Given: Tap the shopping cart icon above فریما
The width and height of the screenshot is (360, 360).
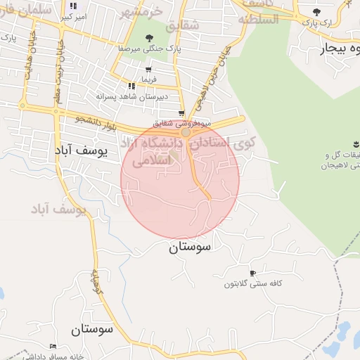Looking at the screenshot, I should tap(148, 70).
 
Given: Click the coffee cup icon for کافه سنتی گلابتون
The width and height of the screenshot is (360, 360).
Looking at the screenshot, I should tap(252, 273).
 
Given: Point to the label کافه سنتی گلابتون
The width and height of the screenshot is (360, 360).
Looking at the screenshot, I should tap(253, 283).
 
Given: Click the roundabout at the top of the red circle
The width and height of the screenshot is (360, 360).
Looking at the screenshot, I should tap(186, 132).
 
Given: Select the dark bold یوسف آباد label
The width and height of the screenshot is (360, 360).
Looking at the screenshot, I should tap(82, 150).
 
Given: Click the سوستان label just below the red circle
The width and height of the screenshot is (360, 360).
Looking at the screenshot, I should tap(190, 247).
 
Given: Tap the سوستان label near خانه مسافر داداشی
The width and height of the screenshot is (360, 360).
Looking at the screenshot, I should tap(92, 329).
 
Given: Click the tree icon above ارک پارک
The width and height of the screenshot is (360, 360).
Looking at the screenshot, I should tap(317, 12).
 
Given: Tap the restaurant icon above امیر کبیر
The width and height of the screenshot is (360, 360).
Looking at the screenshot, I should tap(73, 6).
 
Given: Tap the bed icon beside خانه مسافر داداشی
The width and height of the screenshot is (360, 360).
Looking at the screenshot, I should tap(53, 347).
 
